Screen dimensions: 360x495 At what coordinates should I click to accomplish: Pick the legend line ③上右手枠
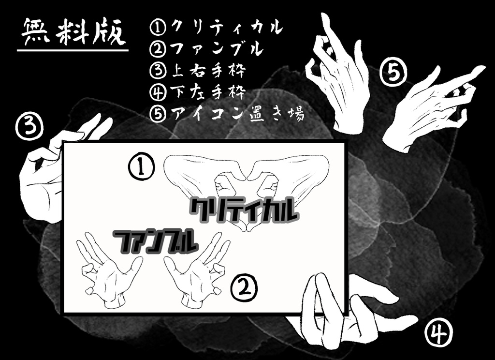198,71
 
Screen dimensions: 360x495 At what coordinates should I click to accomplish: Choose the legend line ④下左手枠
198,91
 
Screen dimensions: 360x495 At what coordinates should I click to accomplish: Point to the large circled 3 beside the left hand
29,127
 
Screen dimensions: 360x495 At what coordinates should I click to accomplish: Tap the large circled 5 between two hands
393,73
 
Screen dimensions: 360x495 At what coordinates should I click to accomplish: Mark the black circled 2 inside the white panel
244,289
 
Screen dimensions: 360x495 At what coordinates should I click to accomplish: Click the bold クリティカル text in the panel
244,211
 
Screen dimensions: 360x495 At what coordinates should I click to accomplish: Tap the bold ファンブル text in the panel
156,240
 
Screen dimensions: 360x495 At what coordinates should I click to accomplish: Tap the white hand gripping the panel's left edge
44,174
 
